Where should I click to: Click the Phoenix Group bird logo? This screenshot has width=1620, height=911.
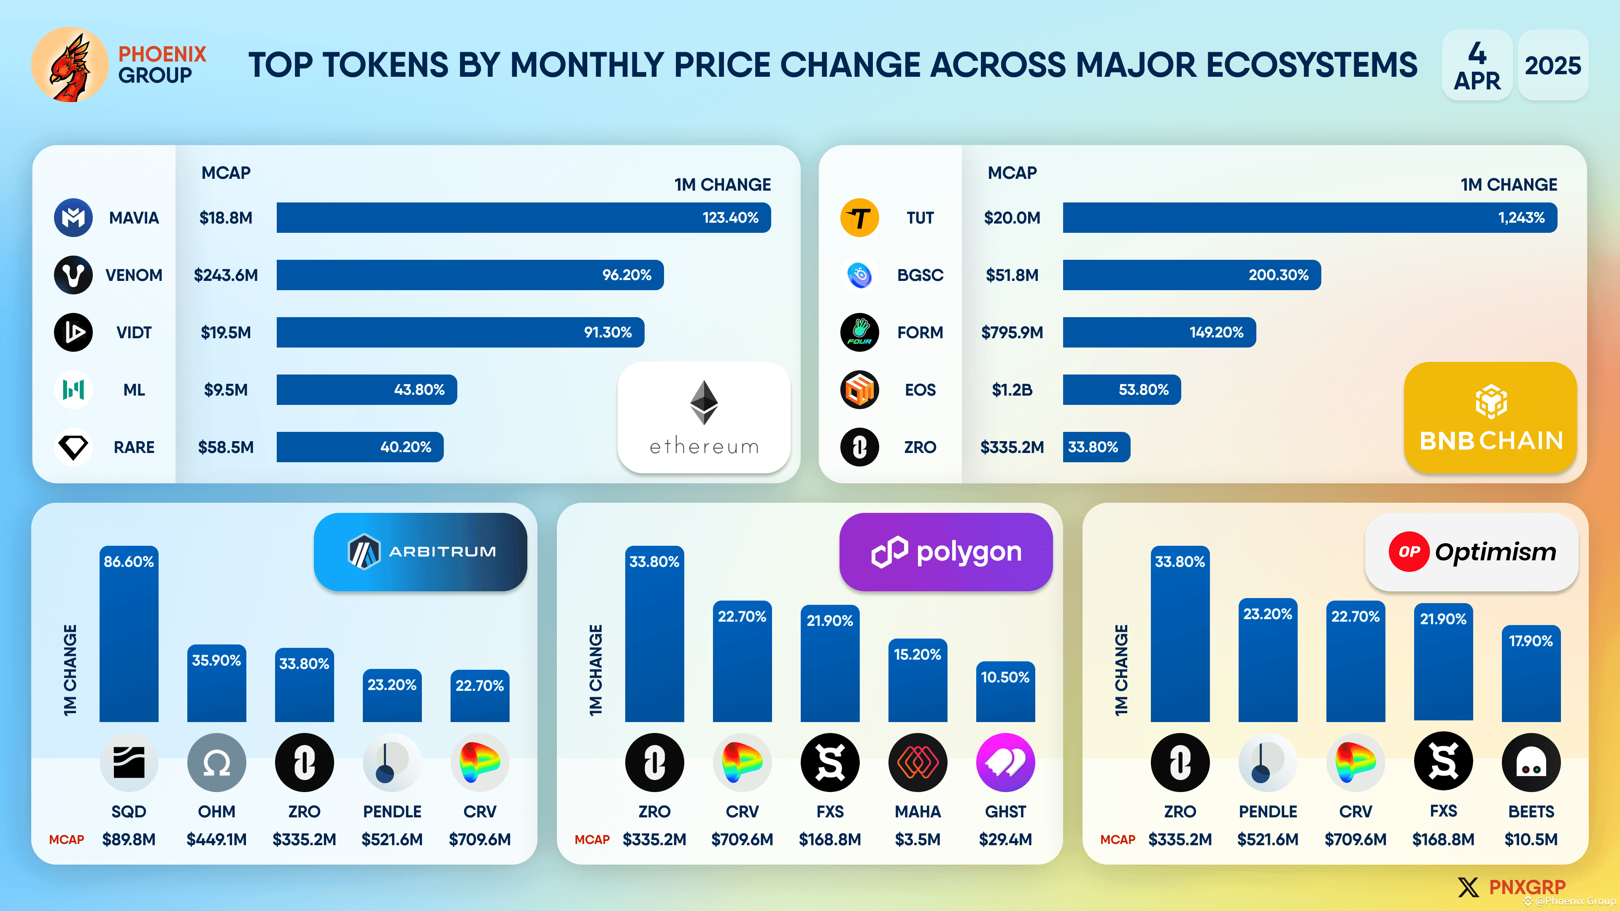(x=70, y=65)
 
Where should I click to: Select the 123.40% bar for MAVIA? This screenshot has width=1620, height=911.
(x=523, y=218)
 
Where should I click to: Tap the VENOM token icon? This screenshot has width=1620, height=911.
(x=73, y=275)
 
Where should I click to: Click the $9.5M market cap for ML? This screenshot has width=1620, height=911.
(x=225, y=390)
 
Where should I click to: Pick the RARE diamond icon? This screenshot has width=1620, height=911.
(x=73, y=447)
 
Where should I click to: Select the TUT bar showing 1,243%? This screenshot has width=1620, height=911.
(x=1309, y=218)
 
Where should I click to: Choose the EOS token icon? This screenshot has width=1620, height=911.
(x=859, y=390)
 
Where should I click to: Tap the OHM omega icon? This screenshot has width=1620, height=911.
(x=216, y=763)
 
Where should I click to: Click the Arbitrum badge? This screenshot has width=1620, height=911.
(x=420, y=551)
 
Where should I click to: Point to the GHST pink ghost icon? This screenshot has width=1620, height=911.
(x=1004, y=763)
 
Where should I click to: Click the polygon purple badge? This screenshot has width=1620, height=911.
(x=945, y=551)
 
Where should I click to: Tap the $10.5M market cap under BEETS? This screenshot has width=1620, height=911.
(x=1530, y=839)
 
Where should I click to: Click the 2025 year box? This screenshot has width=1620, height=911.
(x=1552, y=65)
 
